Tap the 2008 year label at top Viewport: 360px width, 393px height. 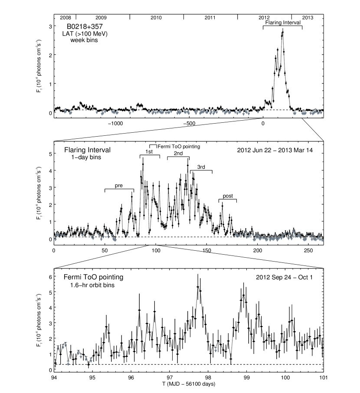65,18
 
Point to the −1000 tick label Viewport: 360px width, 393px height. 115,123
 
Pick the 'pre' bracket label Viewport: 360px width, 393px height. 119,185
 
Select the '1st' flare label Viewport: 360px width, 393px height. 149,152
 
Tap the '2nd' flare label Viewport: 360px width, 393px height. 178,153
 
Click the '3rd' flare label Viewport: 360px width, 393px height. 201,167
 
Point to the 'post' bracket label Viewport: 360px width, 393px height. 227,196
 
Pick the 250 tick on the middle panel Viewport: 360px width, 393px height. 309,251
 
